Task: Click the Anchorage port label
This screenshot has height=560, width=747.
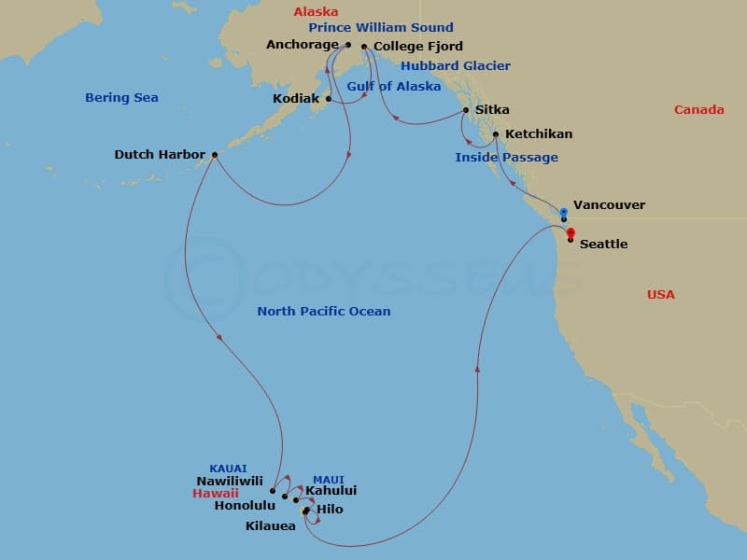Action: tap(303, 45)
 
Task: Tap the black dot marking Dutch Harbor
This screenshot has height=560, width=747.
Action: tap(215, 155)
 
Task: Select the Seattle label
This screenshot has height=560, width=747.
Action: tap(603, 245)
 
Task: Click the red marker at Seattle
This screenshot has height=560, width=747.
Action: tap(570, 233)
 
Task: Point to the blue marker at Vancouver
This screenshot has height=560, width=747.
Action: tap(564, 212)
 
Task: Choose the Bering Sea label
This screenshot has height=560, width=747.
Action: tap(121, 98)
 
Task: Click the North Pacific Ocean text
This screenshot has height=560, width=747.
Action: tap(324, 312)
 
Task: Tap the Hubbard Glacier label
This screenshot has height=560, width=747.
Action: tap(456, 66)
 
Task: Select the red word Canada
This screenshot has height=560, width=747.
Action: tap(698, 110)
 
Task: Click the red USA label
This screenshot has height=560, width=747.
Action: tap(661, 295)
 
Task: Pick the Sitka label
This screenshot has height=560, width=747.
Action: tap(492, 110)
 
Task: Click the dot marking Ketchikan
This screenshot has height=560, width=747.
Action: tap(496, 134)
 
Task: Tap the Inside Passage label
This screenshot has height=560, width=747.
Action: tap(506, 158)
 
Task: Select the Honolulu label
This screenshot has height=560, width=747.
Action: tap(245, 506)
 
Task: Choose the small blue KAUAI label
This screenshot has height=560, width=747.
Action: tap(230, 469)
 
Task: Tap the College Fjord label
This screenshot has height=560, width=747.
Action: tap(417, 47)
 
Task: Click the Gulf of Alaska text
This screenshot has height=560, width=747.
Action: tap(394, 87)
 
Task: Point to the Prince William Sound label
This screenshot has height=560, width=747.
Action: tap(381, 28)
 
